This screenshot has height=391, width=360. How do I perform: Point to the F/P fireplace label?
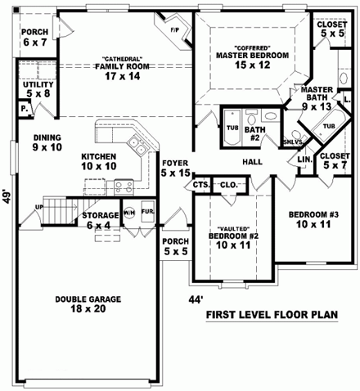[x=174, y=30]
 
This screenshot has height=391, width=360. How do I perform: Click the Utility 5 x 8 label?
[x=38, y=88]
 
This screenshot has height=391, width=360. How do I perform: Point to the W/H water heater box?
[x=129, y=215]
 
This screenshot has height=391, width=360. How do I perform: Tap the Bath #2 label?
[x=254, y=133]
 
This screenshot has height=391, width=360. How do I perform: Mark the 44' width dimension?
[x=196, y=300]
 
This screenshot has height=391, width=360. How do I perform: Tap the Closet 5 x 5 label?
[x=332, y=29]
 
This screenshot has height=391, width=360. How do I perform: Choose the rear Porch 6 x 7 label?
[x=35, y=37]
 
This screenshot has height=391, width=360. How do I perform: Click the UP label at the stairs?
[x=38, y=208]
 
